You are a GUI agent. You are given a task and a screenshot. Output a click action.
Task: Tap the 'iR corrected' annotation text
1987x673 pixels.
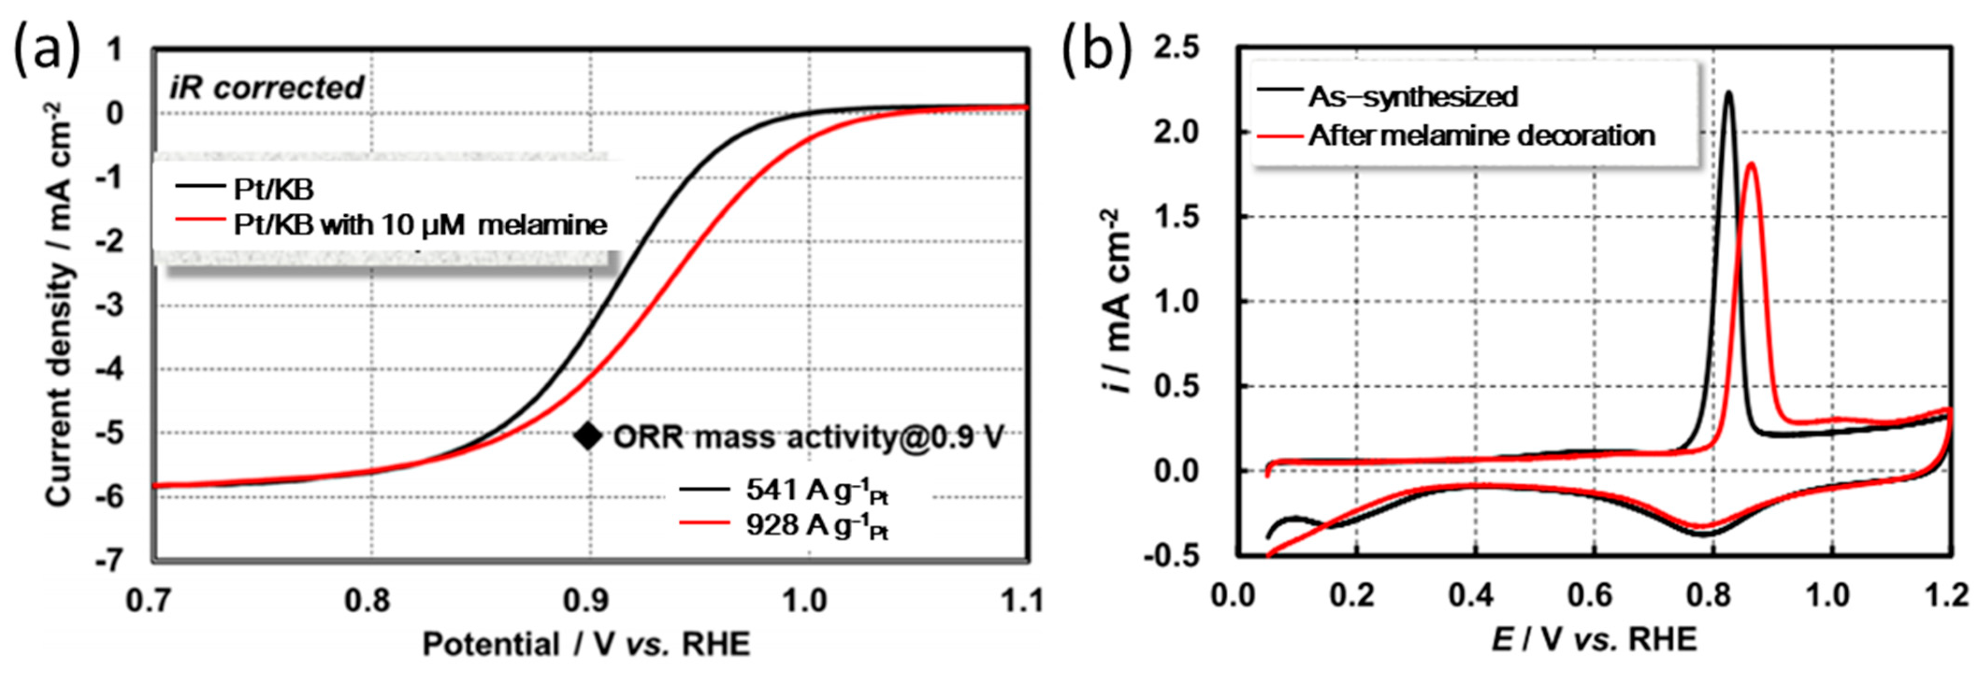[266, 88]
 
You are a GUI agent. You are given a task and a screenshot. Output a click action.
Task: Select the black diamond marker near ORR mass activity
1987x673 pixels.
[588, 436]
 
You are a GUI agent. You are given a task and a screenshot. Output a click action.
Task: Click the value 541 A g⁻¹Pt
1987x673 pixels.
[816, 490]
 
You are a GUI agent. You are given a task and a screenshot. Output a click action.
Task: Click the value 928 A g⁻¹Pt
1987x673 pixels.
[816, 526]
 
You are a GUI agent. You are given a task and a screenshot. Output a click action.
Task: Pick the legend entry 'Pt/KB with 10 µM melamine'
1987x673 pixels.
[420, 225]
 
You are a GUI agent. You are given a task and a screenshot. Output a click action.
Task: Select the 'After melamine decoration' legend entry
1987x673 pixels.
[1481, 136]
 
